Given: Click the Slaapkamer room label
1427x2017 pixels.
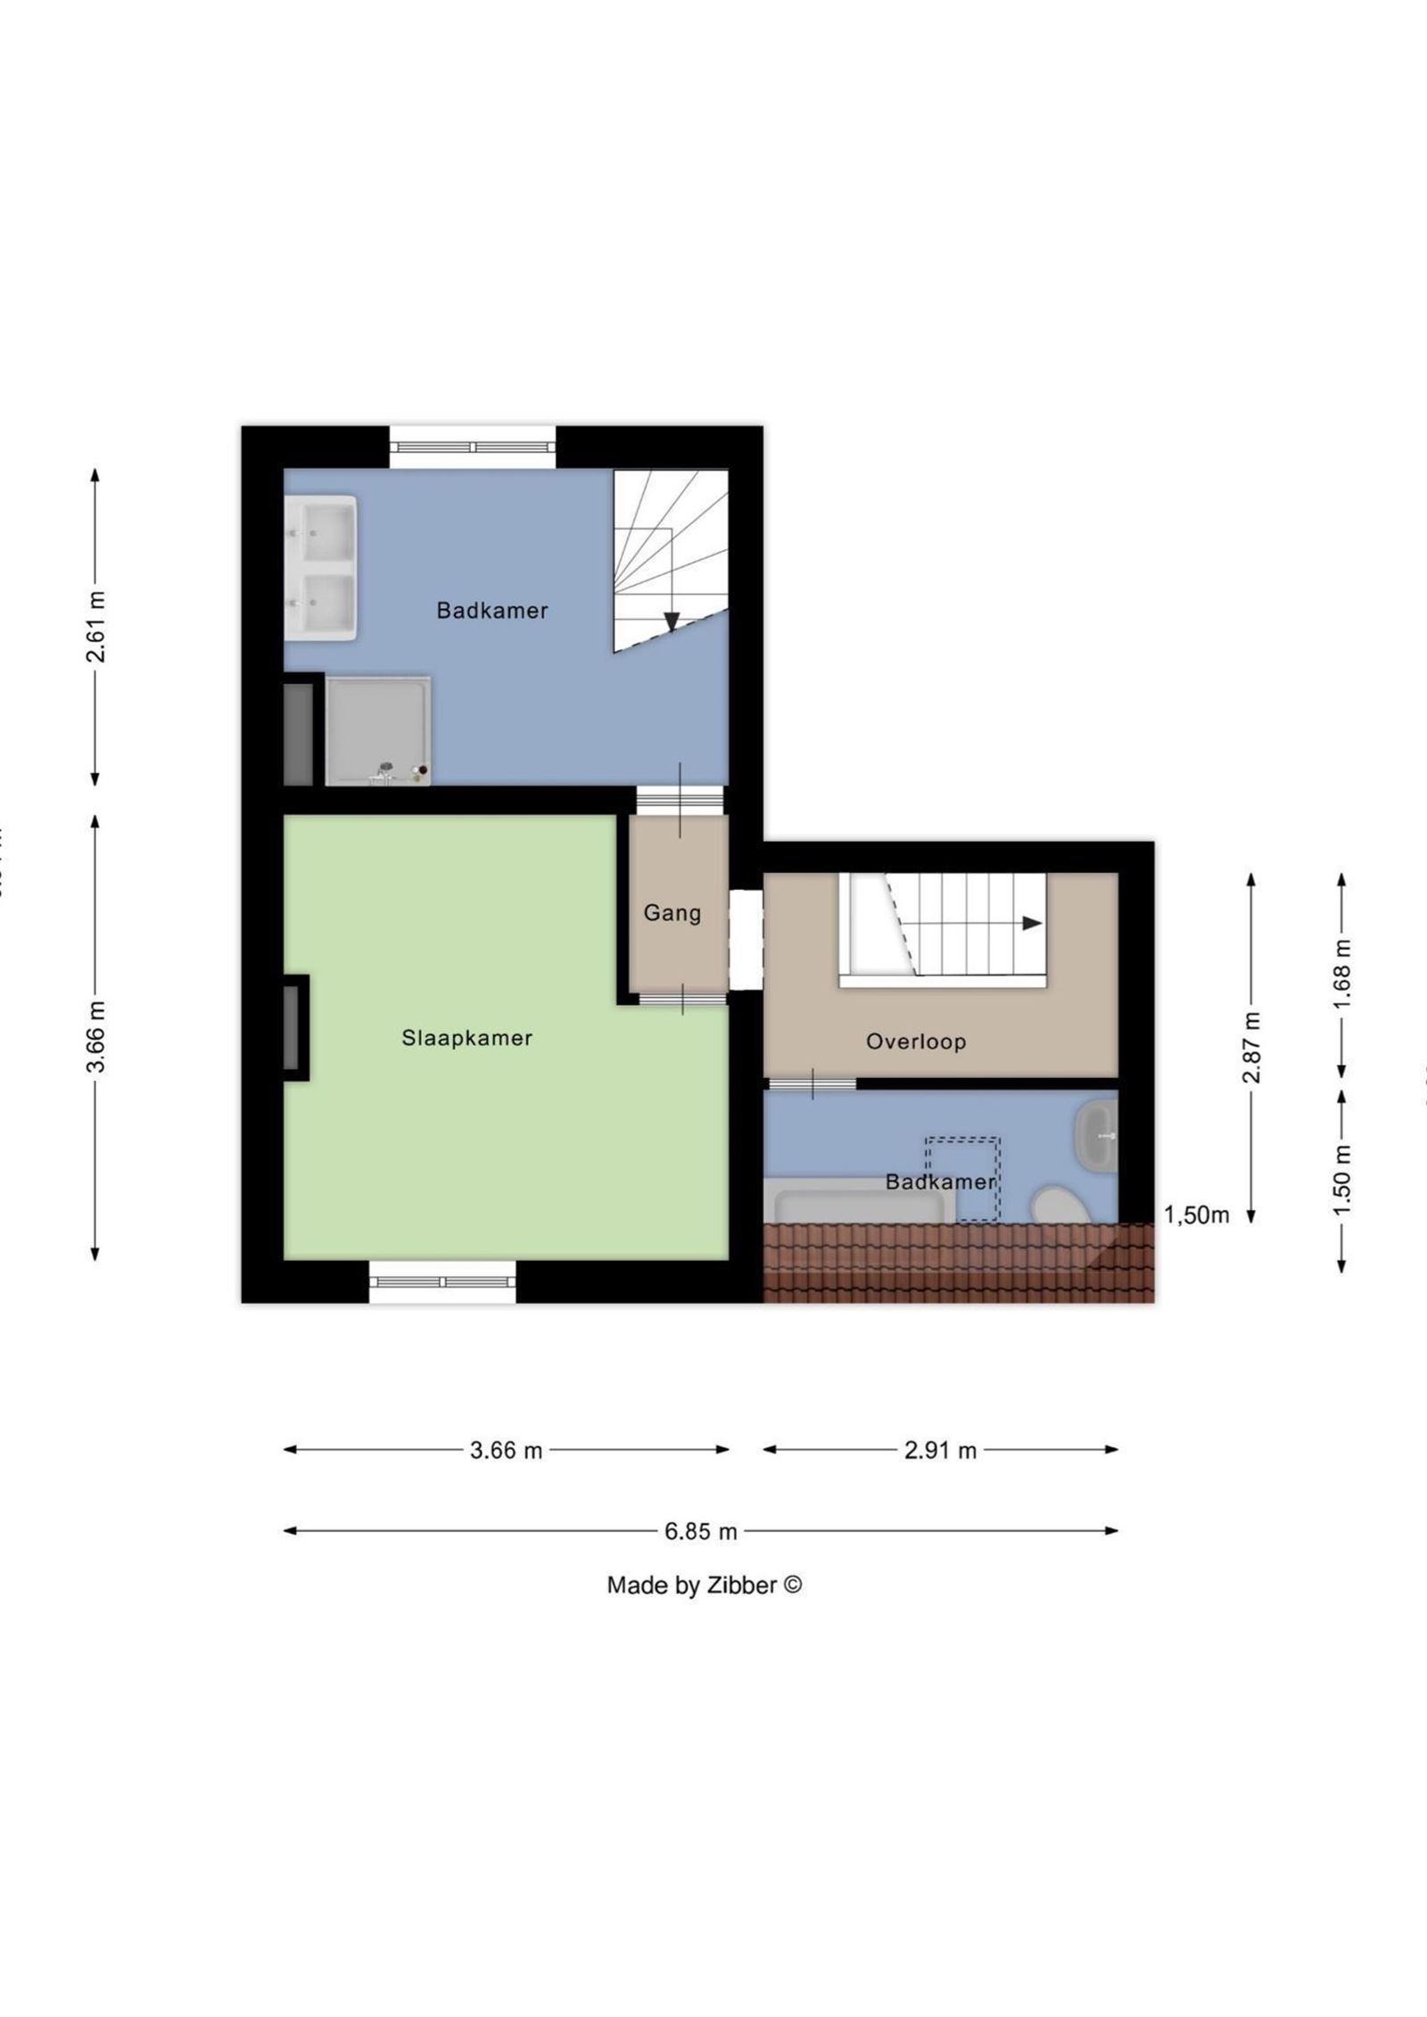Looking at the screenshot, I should [466, 1038].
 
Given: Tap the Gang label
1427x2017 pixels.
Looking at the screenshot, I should [672, 913].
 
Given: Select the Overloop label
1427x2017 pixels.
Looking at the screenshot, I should [916, 1041].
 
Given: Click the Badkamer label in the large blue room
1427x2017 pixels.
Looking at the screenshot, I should [491, 611].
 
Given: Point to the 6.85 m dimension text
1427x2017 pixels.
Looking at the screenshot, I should [700, 1531].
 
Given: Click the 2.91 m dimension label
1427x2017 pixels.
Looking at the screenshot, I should [940, 1450].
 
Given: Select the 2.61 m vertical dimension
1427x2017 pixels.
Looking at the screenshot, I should [95, 626].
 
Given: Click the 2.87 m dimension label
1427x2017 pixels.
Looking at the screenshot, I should [1251, 1047].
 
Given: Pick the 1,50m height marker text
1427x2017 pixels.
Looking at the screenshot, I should [1196, 1214].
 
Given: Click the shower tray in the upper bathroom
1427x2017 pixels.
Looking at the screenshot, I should [377, 731].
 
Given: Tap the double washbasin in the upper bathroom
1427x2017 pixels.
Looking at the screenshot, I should [320, 568].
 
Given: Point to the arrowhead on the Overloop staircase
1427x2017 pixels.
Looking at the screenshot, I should [1032, 924].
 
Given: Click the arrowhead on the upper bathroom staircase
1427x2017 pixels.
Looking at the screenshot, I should [672, 622].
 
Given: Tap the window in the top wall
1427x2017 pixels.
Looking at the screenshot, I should [473, 447].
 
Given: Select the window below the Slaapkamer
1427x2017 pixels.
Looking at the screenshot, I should [442, 1282].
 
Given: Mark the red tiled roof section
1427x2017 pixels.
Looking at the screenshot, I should [959, 1262].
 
